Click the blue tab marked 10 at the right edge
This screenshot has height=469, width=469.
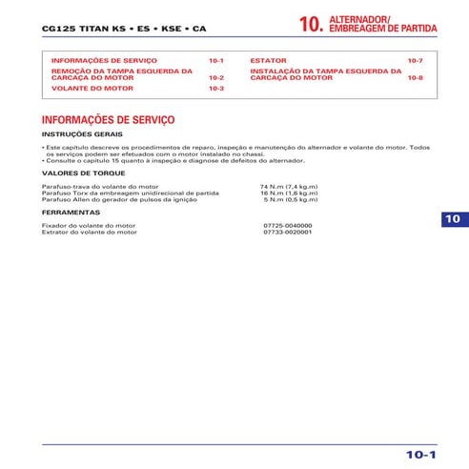pyautogui.click(x=453, y=219)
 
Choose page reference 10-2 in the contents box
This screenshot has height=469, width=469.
pyautogui.click(x=216, y=77)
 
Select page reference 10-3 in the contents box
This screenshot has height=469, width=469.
pyautogui.click(x=216, y=88)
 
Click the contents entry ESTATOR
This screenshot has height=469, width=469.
pyautogui.click(x=268, y=60)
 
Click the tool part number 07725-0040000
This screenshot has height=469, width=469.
pyautogui.click(x=287, y=226)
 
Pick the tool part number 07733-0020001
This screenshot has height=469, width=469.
pyautogui.click(x=287, y=232)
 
